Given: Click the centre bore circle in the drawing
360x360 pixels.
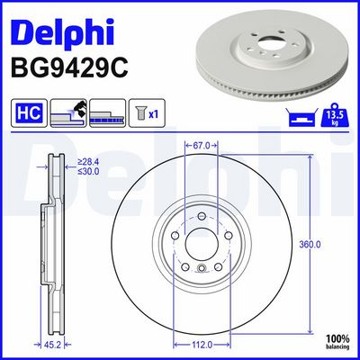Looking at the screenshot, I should (x=199, y=247).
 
